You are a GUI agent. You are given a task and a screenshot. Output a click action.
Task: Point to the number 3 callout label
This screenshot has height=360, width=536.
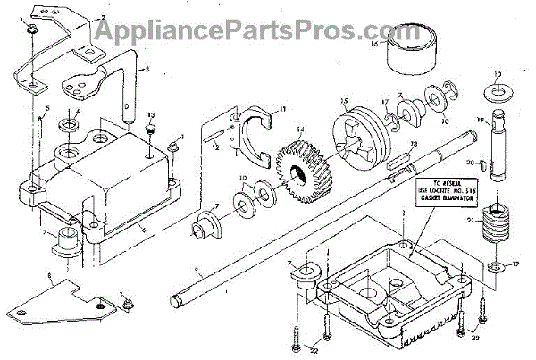pos(147,68)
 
